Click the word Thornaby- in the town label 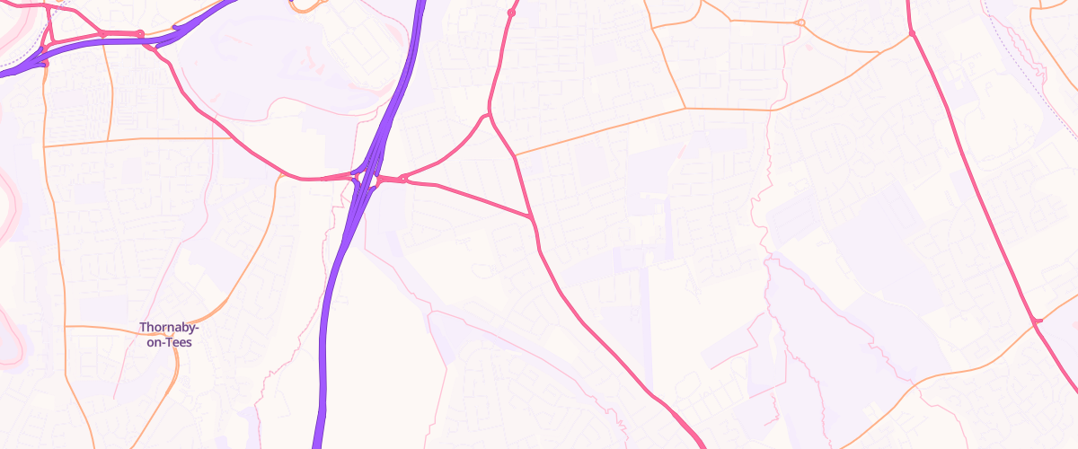click(x=170, y=328)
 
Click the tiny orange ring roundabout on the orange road click(x=800, y=22)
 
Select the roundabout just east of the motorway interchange click(x=402, y=179)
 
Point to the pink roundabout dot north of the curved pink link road click(x=511, y=13)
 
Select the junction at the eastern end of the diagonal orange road click(x=685, y=108)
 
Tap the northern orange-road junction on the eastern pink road click(x=911, y=33)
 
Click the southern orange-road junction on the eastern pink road click(x=1037, y=321)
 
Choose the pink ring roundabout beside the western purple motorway click(x=139, y=34)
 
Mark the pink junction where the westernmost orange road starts click(x=46, y=62)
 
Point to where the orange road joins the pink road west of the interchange click(x=280, y=177)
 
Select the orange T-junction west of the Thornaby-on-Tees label click(x=66, y=326)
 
